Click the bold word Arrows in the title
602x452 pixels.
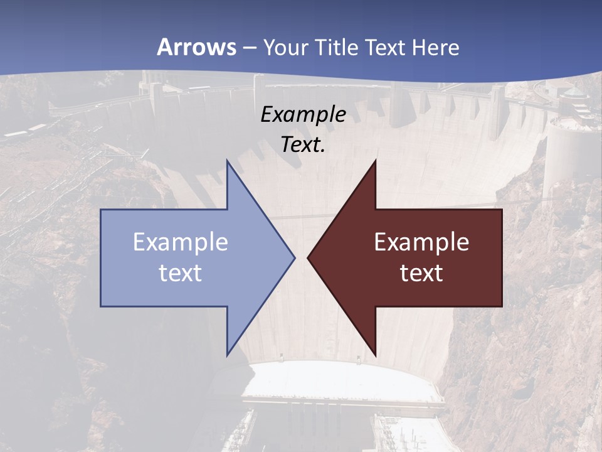pos(196,47)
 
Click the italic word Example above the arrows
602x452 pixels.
pos(304,115)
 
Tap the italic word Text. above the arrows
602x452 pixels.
pos(304,145)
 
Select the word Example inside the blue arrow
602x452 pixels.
pos(181,242)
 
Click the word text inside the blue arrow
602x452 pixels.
pos(181,273)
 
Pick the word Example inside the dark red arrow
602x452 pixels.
pos(421,242)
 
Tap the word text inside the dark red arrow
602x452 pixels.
pos(421,273)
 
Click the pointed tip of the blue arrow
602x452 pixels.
pos(293,257)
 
